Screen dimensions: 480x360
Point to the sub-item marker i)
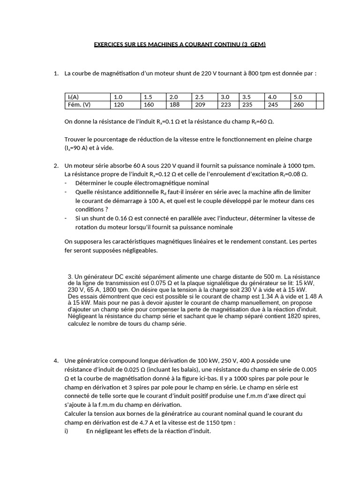[x=67, y=431]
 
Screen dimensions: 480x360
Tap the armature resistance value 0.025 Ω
[x=119, y=369]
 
